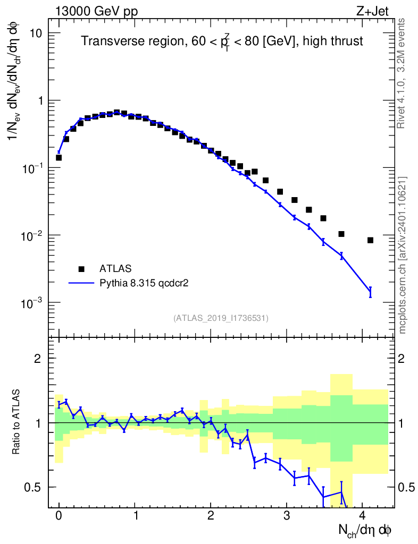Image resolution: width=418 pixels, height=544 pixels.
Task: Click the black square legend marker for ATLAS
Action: tap(81, 268)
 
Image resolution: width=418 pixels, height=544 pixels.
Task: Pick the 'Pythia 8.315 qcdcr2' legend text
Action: tap(145, 283)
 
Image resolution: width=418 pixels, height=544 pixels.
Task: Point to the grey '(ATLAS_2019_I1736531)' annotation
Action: tap(221, 318)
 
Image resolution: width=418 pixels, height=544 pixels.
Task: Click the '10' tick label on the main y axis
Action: tap(35, 33)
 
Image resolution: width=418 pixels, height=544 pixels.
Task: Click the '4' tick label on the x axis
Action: tap(363, 515)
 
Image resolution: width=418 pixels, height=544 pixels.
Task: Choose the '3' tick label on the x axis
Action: tap(287, 515)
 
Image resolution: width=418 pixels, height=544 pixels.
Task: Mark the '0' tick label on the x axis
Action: tap(58, 515)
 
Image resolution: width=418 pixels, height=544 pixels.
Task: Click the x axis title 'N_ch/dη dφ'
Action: tap(365, 530)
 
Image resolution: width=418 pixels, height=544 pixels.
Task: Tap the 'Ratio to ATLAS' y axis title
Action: tap(16, 423)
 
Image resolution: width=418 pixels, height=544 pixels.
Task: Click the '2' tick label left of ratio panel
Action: tap(38, 358)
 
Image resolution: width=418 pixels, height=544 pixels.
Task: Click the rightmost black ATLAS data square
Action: tap(370, 240)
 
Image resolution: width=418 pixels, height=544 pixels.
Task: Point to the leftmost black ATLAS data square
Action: tap(58, 158)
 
